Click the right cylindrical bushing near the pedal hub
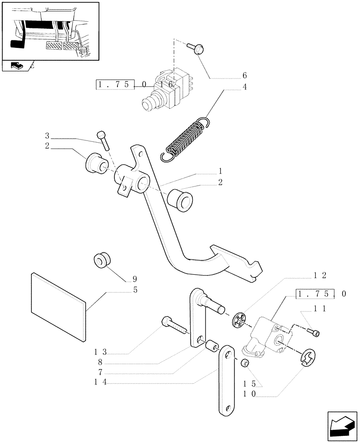[x=180, y=199]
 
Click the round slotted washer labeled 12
[x=239, y=321]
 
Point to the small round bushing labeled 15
[x=244, y=363]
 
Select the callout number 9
[x=134, y=279]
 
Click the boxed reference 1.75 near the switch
[x=114, y=84]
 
